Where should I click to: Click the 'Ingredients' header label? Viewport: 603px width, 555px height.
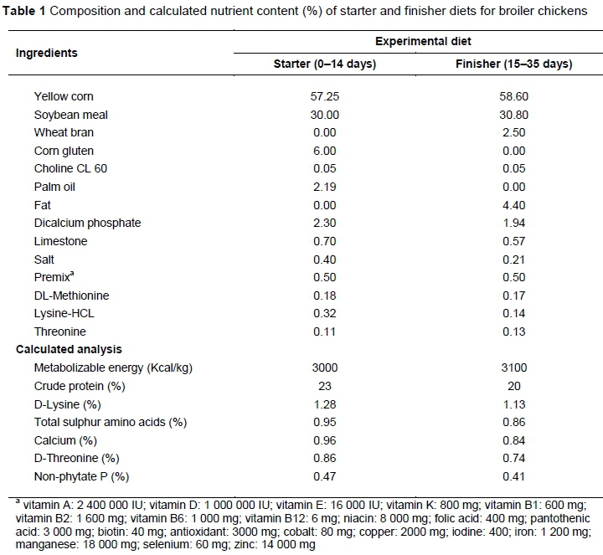point(47,53)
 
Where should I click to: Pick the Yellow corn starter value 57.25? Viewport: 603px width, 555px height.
point(324,96)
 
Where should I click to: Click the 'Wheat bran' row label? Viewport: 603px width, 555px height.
point(64,132)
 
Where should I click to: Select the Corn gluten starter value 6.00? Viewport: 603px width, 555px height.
point(324,151)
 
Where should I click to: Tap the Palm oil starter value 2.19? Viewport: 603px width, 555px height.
point(324,187)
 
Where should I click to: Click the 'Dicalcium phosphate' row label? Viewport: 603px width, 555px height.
point(88,223)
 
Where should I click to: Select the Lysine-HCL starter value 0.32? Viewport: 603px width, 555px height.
point(324,313)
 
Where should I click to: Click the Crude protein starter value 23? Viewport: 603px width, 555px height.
point(324,386)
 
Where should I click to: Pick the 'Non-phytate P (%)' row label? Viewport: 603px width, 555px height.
point(80,476)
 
